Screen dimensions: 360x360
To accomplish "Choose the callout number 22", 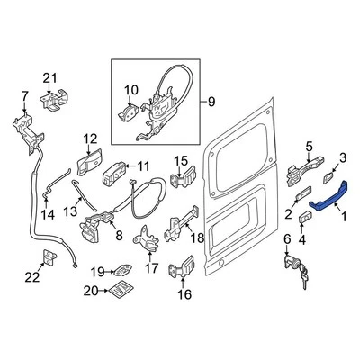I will coord(31,278).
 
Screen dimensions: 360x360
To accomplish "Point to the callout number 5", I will coord(309,146).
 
